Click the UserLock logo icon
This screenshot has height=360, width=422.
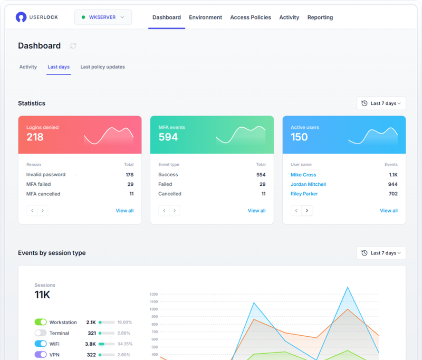click(x=21, y=17)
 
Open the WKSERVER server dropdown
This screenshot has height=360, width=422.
click(x=103, y=17)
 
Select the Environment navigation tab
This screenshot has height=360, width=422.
click(x=205, y=17)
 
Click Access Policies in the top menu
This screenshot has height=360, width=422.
click(x=251, y=17)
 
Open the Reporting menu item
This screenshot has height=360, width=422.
click(x=320, y=17)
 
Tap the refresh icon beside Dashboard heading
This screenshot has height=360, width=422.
click(x=73, y=46)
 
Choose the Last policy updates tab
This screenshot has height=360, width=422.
click(x=102, y=67)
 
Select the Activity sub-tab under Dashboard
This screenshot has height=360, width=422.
click(x=28, y=67)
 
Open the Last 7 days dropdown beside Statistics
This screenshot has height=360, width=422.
click(x=381, y=103)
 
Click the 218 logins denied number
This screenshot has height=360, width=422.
click(x=35, y=137)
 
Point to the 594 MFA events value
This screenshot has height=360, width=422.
click(x=168, y=137)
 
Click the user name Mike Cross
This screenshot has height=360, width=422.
click(x=303, y=175)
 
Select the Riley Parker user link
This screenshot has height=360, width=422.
click(x=304, y=194)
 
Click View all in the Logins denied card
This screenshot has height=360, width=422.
click(x=124, y=211)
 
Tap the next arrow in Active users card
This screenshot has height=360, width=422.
click(x=306, y=211)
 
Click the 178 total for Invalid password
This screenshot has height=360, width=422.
click(x=129, y=175)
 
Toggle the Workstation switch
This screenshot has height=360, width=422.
click(x=41, y=322)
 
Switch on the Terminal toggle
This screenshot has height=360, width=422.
click(x=41, y=333)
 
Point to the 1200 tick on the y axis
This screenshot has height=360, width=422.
click(x=154, y=295)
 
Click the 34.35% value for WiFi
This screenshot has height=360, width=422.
click(x=124, y=344)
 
